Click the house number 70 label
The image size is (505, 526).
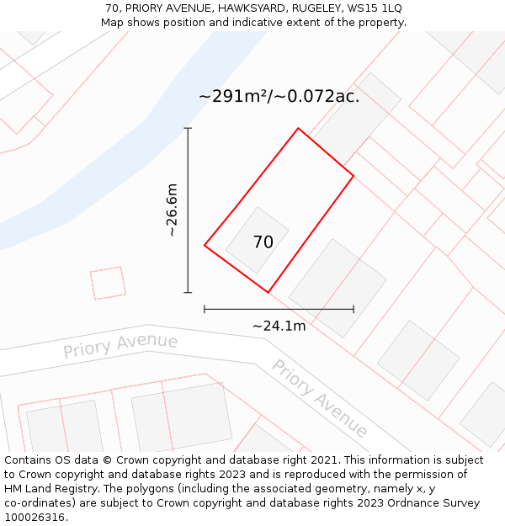point(263,242)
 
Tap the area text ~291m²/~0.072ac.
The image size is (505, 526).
point(279,97)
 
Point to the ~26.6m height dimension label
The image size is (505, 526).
point(173,210)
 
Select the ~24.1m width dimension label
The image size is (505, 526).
point(279,326)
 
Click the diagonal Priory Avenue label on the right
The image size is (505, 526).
point(319,398)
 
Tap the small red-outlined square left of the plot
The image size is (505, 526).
point(108,283)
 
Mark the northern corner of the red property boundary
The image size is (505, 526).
point(298,129)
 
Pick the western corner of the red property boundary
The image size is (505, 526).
point(205,245)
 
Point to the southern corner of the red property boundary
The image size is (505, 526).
point(268,292)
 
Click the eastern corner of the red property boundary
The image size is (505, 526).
point(353,176)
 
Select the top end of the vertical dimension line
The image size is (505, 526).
point(188,129)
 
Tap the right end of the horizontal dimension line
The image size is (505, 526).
point(353,309)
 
